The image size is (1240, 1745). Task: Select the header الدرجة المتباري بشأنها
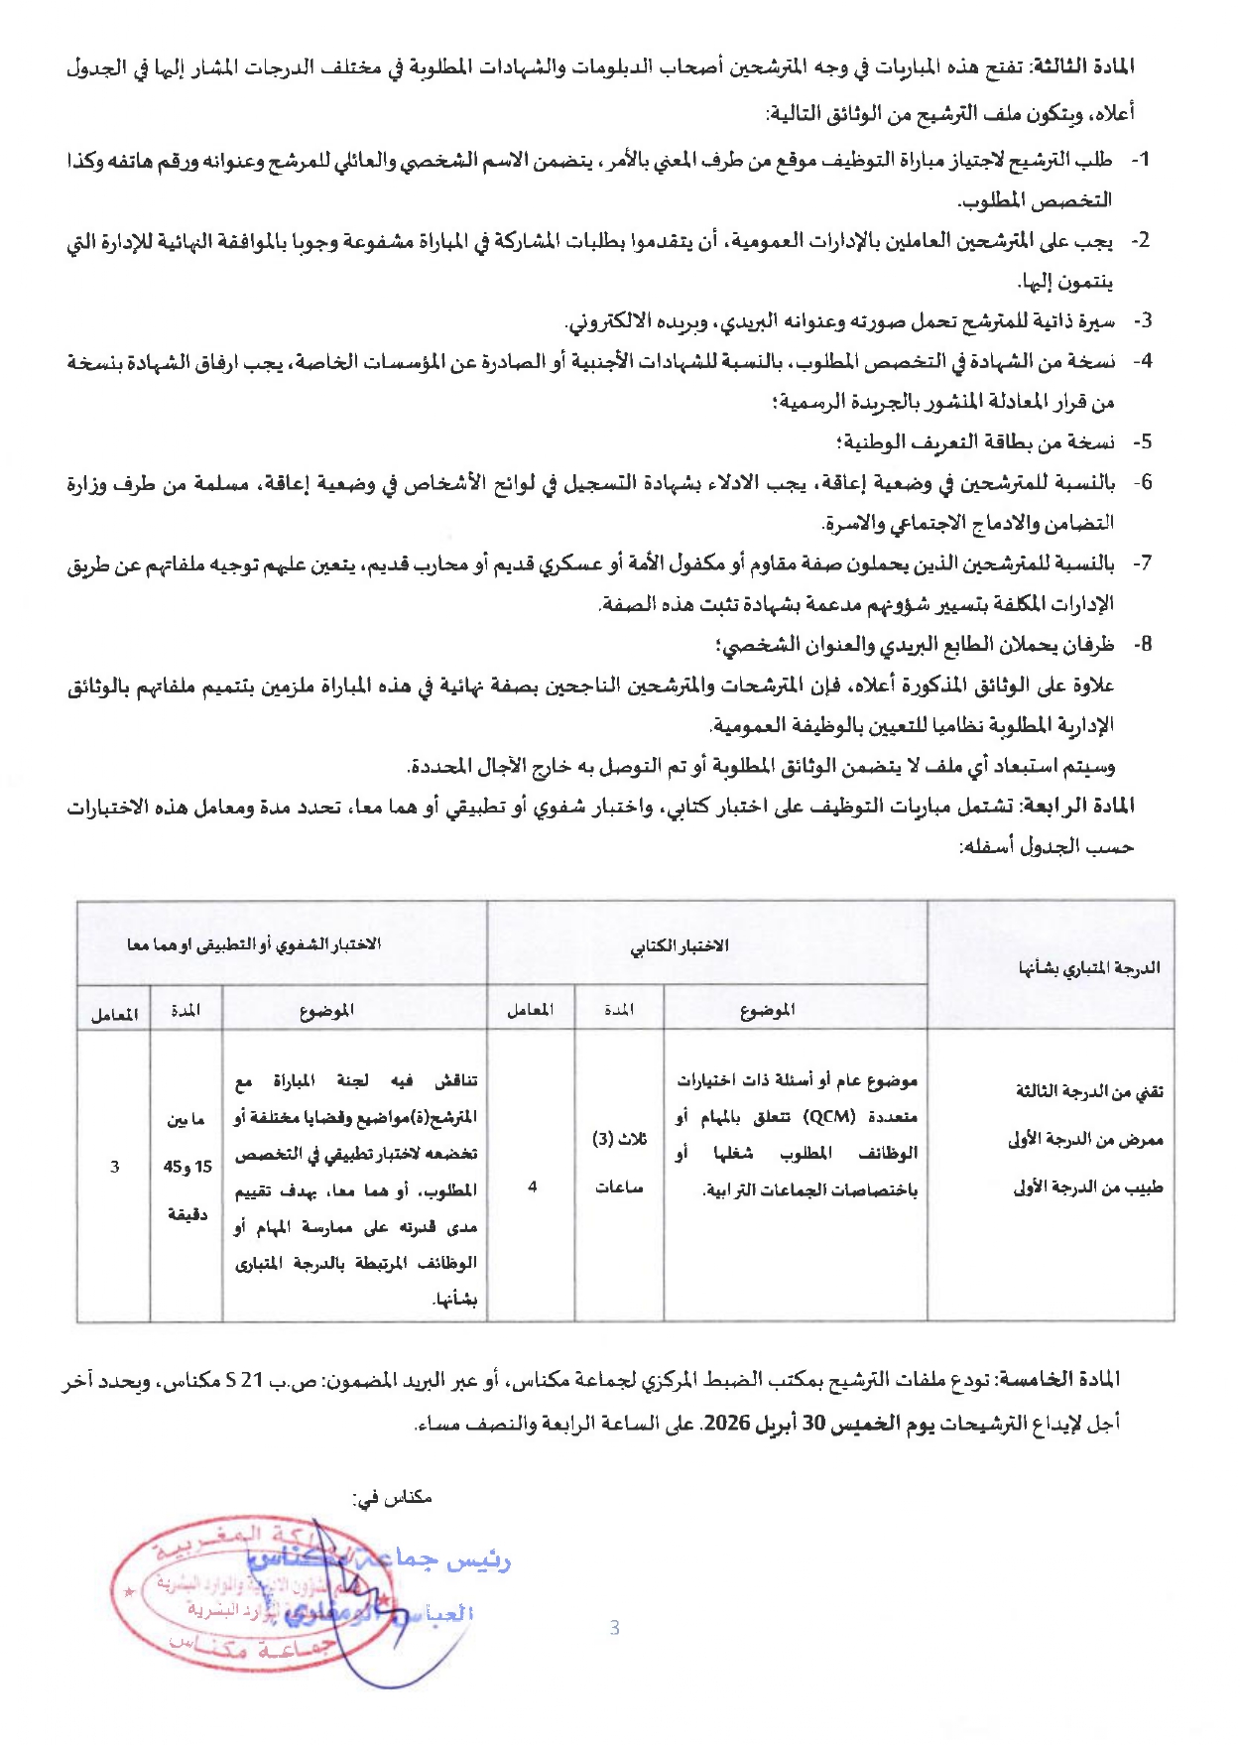pyautogui.click(x=1088, y=967)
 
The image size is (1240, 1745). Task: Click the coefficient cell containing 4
pyautogui.click(x=533, y=1186)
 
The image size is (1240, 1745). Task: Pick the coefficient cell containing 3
pyautogui.click(x=115, y=1167)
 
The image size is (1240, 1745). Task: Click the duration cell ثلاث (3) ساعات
pyautogui.click(x=619, y=1163)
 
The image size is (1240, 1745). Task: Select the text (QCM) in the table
pyautogui.click(x=828, y=1116)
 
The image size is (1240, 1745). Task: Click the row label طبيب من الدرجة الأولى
pyautogui.click(x=1087, y=1187)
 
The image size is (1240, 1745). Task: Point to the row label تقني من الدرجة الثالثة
pyautogui.click(x=1088, y=1092)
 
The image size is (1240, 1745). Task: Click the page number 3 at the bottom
pyautogui.click(x=614, y=1627)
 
